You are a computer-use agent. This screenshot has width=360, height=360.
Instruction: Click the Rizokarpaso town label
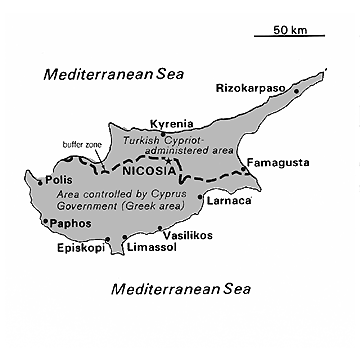(252, 88)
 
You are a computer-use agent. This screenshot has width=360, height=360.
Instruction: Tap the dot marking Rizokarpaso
(297, 91)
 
